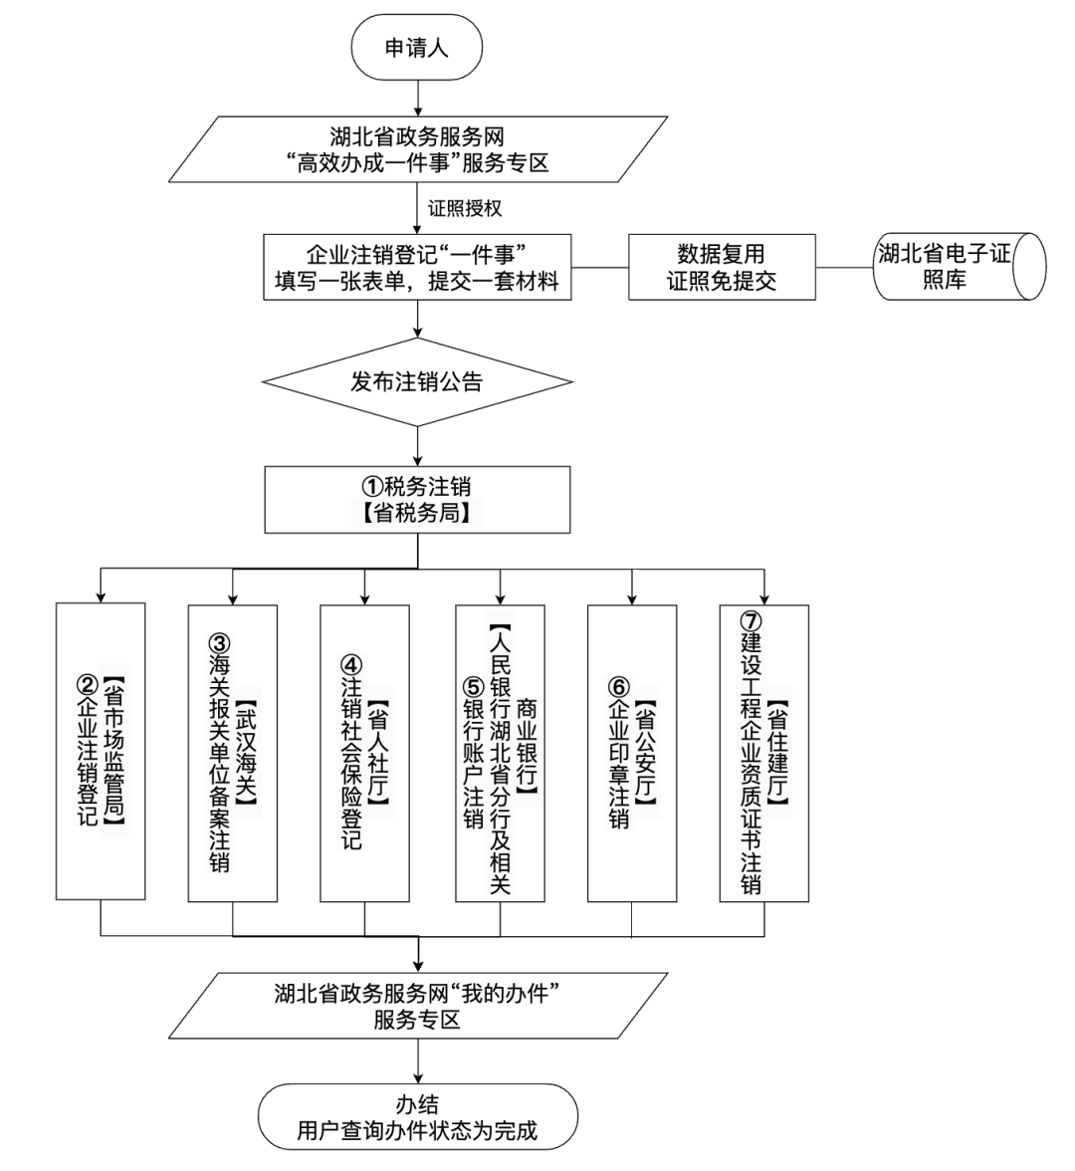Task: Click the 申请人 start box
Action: (418, 48)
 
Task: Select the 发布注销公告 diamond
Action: (417, 382)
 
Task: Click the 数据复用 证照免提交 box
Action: (721, 268)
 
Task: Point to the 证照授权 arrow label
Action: (464, 210)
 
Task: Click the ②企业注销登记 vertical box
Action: (102, 752)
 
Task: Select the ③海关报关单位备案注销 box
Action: (233, 752)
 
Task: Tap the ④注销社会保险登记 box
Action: (364, 752)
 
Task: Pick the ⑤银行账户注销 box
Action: (500, 752)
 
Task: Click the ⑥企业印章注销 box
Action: (631, 752)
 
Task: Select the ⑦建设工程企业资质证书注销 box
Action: (763, 752)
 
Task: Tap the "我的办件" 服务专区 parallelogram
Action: (417, 1006)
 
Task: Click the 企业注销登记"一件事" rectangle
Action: (417, 268)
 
